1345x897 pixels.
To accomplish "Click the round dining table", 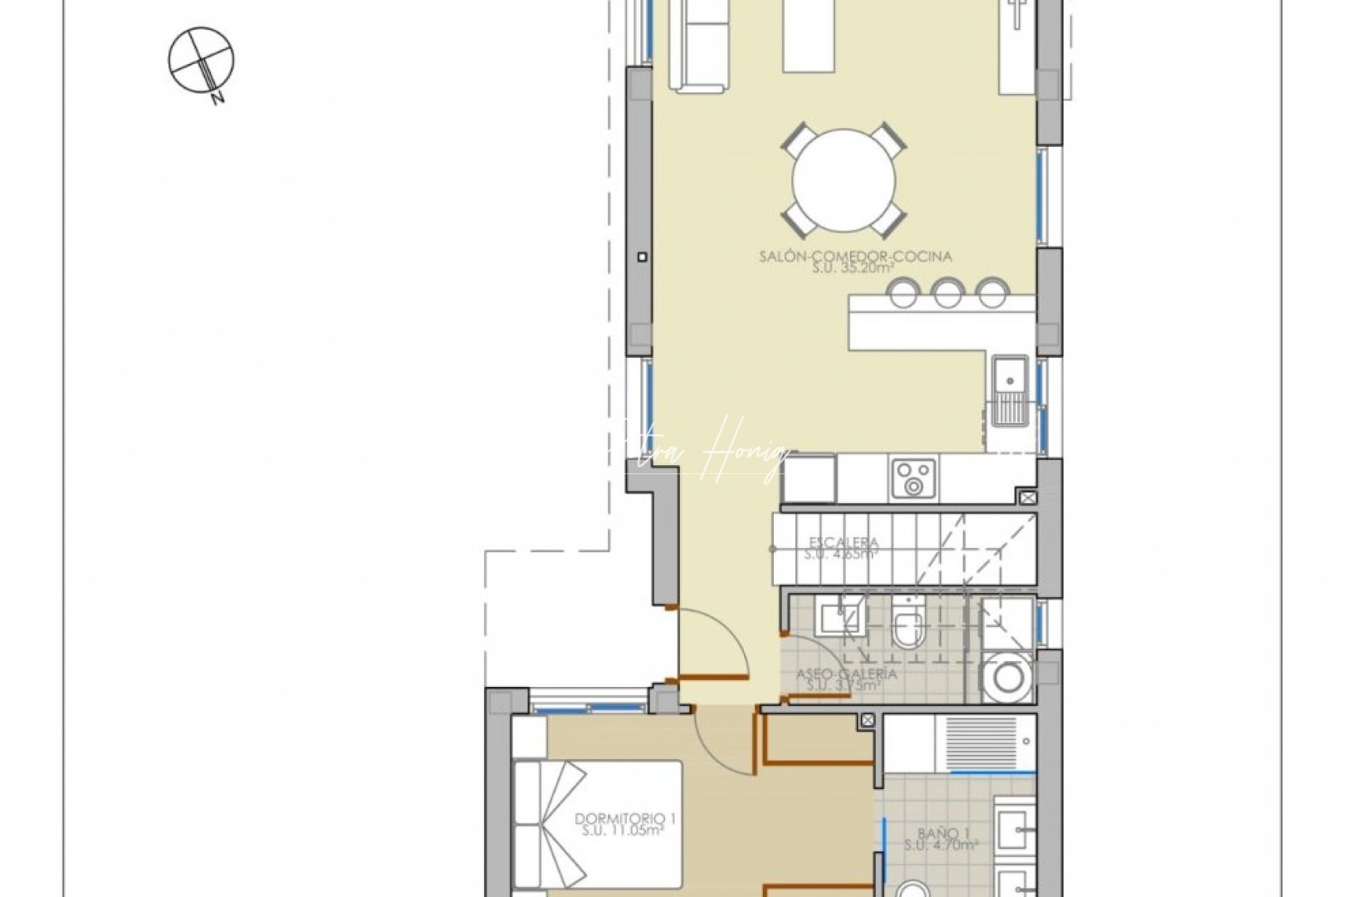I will click(844, 179).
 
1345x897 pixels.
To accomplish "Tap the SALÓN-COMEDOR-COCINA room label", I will click(855, 256).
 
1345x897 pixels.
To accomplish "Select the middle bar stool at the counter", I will click(946, 292).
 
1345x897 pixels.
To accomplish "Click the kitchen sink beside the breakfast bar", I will click(1010, 390).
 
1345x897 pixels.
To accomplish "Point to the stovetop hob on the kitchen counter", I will click(914, 478).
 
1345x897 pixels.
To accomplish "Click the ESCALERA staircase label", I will click(843, 543).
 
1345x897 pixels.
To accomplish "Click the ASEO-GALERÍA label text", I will click(847, 674).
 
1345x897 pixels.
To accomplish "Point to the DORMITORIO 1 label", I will click(625, 818).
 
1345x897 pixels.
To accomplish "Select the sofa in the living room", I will click(699, 46).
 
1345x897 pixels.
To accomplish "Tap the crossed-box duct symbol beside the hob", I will click(1028, 498).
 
